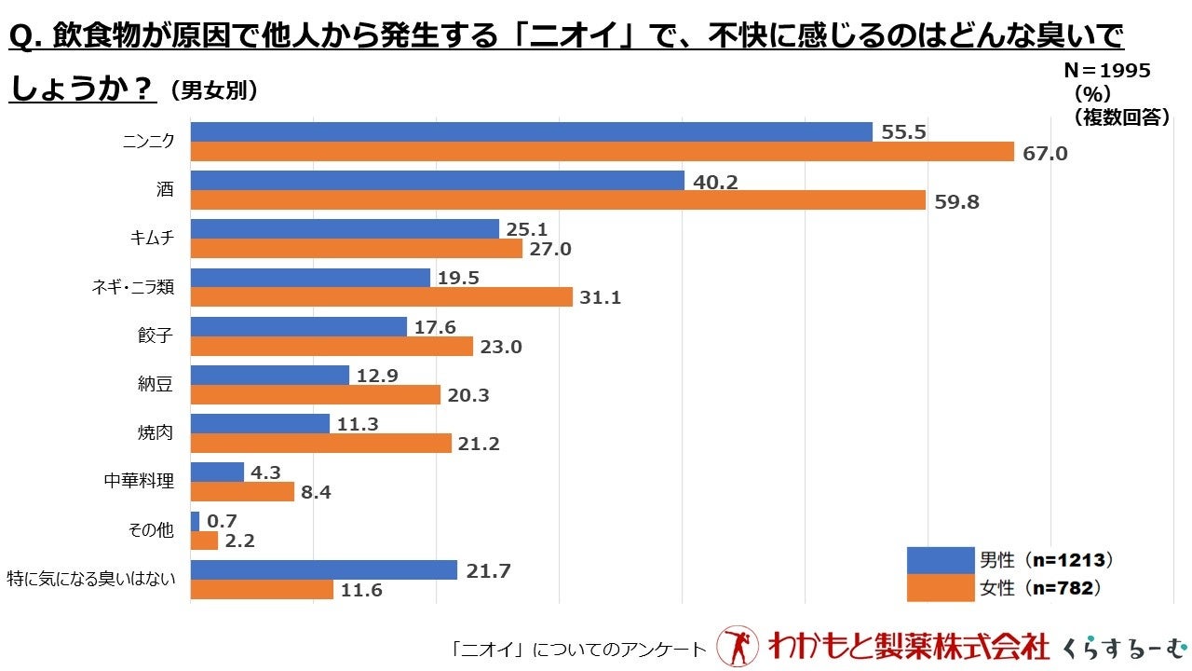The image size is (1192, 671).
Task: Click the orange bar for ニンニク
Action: [x=602, y=152]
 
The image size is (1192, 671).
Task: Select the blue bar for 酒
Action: [x=437, y=181]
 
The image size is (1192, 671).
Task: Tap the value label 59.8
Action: [x=956, y=201]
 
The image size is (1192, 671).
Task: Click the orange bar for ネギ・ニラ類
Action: [x=381, y=297]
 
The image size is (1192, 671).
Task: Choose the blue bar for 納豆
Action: [x=269, y=375]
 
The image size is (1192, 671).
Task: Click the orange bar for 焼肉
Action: [x=320, y=444]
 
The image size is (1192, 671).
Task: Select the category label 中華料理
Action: [x=139, y=482]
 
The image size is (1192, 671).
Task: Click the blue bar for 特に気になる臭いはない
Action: [x=323, y=569]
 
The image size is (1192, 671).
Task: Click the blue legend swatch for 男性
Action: [x=939, y=560]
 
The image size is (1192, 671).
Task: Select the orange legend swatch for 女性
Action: [x=939, y=588]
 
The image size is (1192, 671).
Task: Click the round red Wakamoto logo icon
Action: [x=738, y=645]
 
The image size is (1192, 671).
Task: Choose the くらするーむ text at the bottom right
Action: [x=1126, y=646]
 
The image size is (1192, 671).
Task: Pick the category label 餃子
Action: [x=156, y=335]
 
